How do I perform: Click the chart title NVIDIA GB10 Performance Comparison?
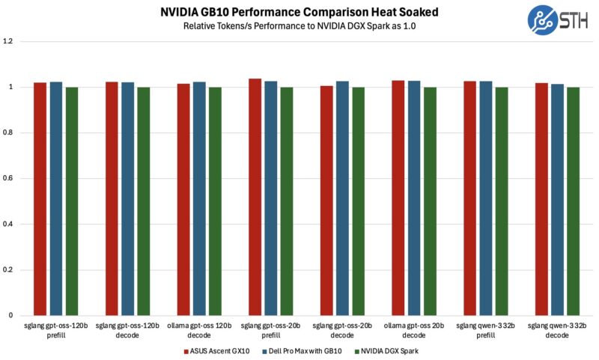(299, 11)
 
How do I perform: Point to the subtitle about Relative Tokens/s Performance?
(299, 25)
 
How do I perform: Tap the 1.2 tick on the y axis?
(8, 41)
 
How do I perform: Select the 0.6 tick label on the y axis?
(8, 178)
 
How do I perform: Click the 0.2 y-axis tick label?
(8, 269)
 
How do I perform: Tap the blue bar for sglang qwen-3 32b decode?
(558, 200)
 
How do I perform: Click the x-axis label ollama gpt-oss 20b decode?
(414, 330)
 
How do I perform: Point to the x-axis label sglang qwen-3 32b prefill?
(486, 330)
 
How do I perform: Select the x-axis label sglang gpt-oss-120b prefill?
(55, 330)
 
